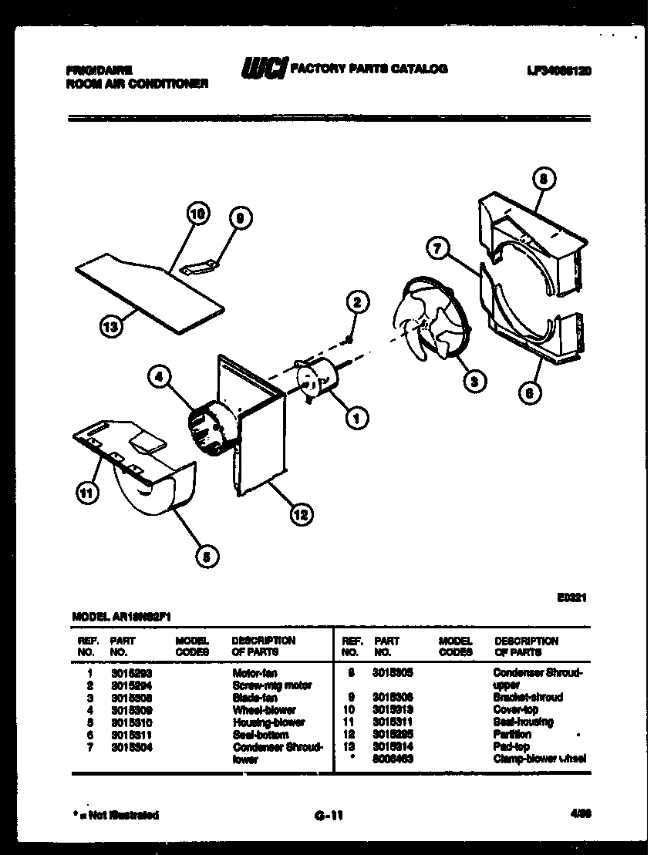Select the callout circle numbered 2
pos(356,302)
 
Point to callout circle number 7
pos(437,248)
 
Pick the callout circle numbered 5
pos(206,557)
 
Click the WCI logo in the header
pos(265,69)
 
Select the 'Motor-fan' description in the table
pos(255,673)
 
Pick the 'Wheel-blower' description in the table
pos(264,709)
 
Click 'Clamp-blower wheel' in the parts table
pos(539,759)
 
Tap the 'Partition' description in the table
pos(512,734)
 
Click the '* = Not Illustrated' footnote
pos(117,814)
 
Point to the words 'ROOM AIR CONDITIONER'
pos(137,83)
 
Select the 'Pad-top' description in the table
pos(511,746)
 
